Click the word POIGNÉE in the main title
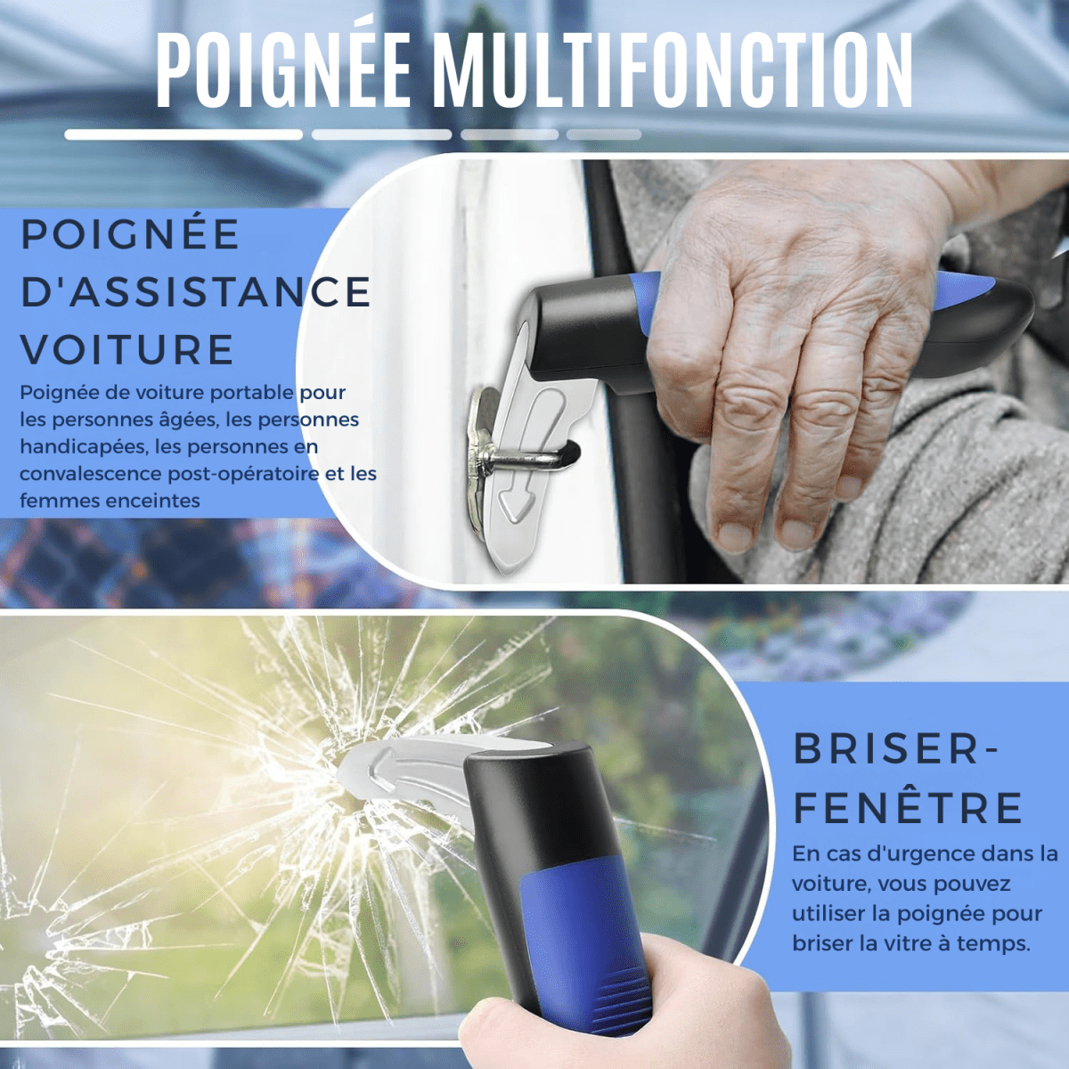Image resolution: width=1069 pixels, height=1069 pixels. click(x=283, y=72)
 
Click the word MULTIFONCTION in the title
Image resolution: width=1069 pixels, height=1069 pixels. click(x=673, y=72)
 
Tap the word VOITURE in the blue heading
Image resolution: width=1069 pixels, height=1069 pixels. click(x=127, y=349)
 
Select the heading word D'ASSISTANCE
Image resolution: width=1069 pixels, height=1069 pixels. click(x=195, y=292)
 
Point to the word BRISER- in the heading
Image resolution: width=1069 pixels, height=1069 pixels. click(x=895, y=749)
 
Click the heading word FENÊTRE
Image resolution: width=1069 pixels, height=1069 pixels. click(x=908, y=808)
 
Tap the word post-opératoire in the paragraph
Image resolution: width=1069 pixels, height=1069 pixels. click(x=243, y=474)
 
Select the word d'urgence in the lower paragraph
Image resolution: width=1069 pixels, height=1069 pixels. click(x=903, y=853)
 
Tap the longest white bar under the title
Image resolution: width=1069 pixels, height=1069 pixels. click(x=184, y=135)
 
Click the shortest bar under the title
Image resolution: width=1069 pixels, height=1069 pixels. click(x=603, y=135)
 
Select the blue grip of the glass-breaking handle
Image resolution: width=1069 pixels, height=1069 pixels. click(x=579, y=926)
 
